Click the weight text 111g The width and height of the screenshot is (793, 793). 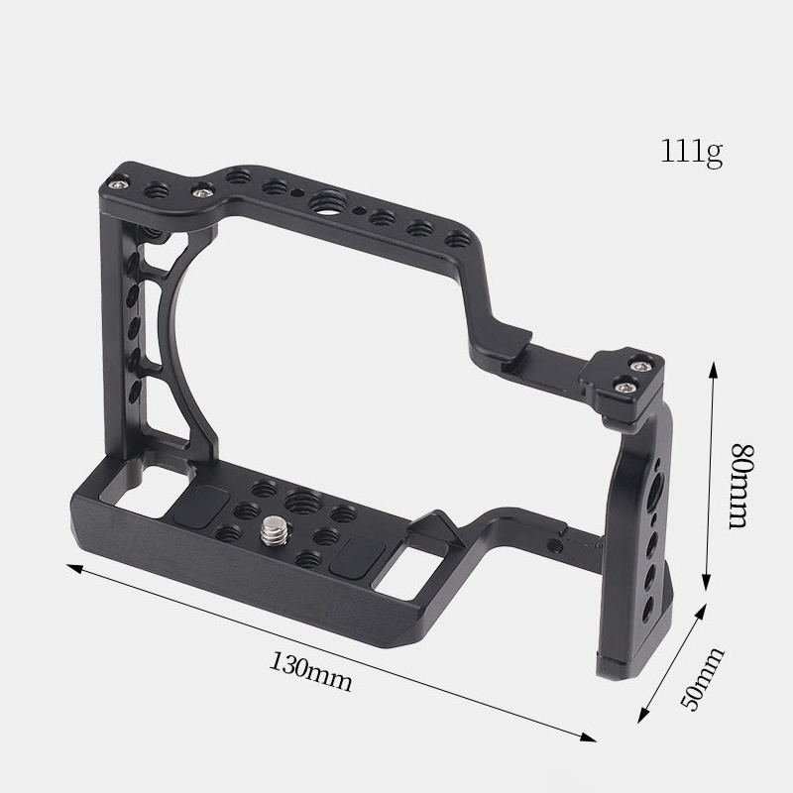(x=693, y=153)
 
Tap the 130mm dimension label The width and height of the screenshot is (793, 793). (x=310, y=673)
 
